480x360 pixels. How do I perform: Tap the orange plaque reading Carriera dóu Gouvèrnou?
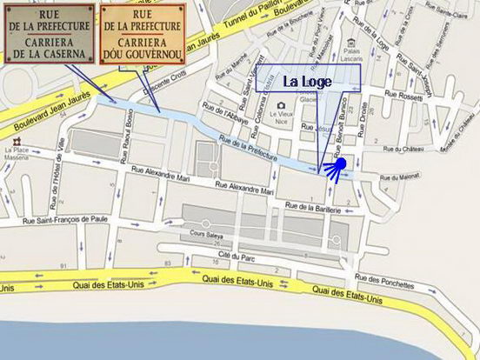[x=141, y=33]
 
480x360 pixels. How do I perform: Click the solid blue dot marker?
[x=341, y=163]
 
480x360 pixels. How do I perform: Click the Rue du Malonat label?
[x=398, y=177]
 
